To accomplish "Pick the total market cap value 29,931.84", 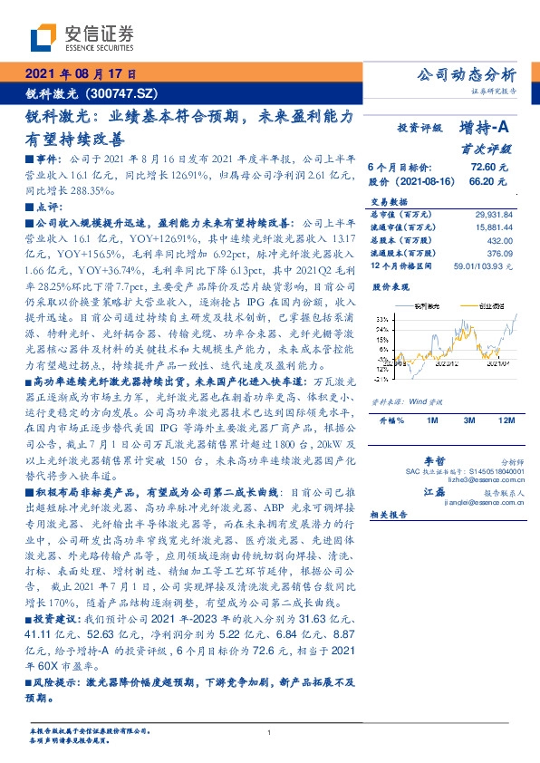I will pyautogui.click(x=496, y=214).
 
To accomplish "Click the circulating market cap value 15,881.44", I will pyautogui.click(x=496, y=227).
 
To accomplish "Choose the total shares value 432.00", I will pyautogui.click(x=502, y=240).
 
